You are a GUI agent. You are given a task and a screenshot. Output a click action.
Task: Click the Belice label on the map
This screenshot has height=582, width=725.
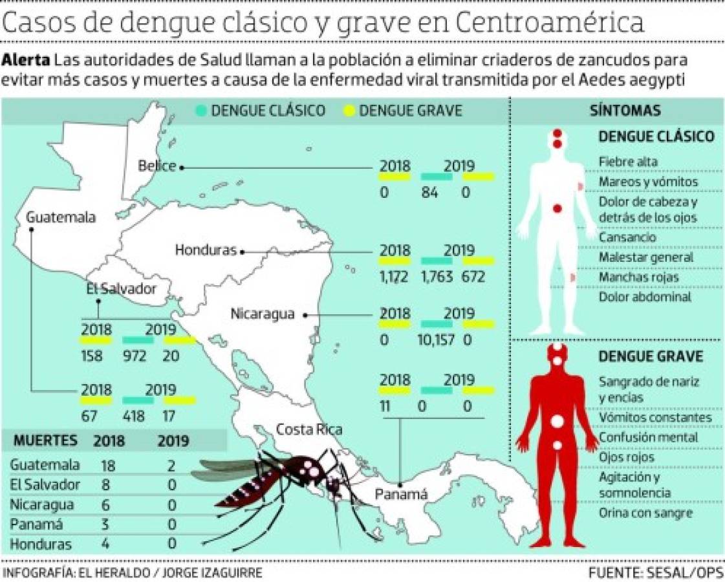tap(157, 166)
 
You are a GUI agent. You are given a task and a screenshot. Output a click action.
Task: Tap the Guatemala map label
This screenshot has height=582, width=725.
tap(61, 217)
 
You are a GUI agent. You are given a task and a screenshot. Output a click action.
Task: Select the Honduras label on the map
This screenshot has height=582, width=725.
tap(206, 251)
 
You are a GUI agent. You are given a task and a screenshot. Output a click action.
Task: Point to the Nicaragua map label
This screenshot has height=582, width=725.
tap(263, 315)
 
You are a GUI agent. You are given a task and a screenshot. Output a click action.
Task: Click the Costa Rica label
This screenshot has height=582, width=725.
tap(309, 429)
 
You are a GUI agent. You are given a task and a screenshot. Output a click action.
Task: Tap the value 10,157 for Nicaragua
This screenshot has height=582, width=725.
tap(437, 338)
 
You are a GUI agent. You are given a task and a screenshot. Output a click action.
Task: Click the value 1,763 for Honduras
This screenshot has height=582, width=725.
tap(437, 277)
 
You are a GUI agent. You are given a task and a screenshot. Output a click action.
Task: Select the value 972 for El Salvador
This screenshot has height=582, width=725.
tap(135, 356)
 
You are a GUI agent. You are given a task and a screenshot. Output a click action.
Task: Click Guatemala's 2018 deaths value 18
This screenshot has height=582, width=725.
tap(109, 465)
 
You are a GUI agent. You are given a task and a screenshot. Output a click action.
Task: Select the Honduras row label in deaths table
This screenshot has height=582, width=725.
tap(41, 544)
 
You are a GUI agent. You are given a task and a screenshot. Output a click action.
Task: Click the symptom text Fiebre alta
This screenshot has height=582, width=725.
tap(628, 162)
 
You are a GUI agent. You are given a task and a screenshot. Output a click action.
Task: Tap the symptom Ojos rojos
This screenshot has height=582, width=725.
tap(627, 457)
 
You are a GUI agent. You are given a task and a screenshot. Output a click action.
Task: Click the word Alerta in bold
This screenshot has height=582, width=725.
tap(26, 60)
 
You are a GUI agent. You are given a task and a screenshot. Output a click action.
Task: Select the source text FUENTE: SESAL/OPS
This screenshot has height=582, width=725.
tap(655, 573)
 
